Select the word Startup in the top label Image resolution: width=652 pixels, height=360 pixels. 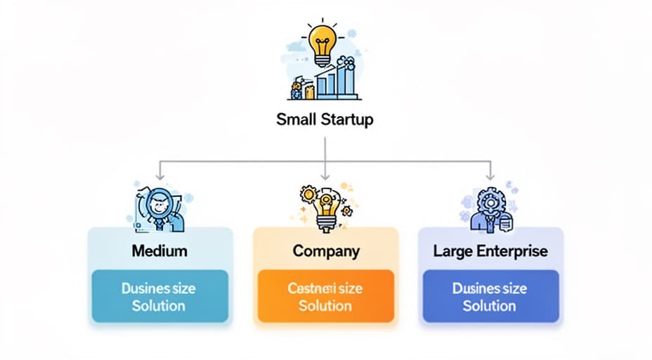tap(346, 119)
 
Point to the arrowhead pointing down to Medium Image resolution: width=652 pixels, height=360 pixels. tap(160, 176)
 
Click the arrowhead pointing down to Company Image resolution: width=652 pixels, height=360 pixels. tap(325, 176)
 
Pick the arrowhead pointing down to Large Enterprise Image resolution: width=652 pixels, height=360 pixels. tap(490, 176)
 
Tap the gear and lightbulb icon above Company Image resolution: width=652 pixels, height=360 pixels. tap(324, 205)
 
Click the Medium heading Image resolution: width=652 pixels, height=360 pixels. tap(159, 250)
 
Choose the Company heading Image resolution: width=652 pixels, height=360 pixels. tap(325, 250)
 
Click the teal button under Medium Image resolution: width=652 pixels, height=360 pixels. tap(159, 296)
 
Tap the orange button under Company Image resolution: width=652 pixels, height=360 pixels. tap(325, 296)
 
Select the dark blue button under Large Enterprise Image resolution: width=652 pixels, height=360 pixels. tap(490, 296)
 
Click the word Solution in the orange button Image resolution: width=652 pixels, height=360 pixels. tap(325, 306)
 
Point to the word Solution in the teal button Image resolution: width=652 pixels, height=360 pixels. tap(159, 306)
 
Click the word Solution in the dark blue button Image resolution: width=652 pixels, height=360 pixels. tap(490, 306)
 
